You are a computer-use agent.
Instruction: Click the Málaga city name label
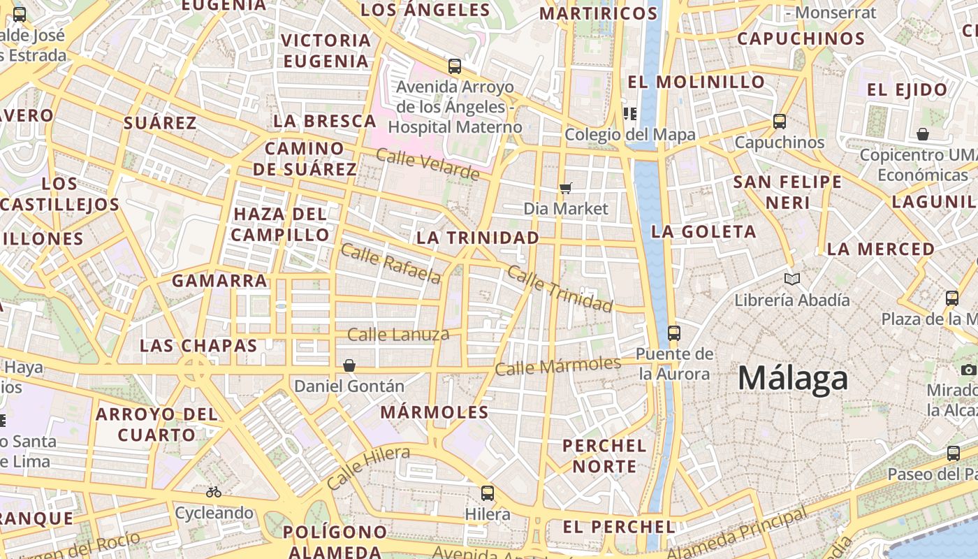click(x=793, y=379)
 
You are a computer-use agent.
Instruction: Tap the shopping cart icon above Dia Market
click(x=566, y=188)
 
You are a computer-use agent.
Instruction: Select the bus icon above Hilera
click(x=488, y=493)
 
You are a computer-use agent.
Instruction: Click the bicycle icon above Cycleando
click(x=214, y=492)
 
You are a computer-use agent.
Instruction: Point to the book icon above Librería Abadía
click(x=791, y=279)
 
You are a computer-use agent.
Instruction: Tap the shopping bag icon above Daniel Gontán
click(x=349, y=365)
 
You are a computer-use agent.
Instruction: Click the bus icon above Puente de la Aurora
click(x=674, y=333)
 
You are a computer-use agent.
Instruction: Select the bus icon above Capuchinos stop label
click(x=780, y=122)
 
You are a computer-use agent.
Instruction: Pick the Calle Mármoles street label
click(x=557, y=365)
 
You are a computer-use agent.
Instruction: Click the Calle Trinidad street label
click(x=560, y=289)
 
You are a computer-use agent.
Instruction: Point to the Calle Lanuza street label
click(x=398, y=335)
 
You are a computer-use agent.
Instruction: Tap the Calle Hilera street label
click(x=367, y=467)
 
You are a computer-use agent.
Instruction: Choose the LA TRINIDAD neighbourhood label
click(x=478, y=238)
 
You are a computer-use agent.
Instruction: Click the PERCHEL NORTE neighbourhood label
click(x=604, y=456)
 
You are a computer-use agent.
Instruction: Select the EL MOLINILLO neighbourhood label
click(x=696, y=82)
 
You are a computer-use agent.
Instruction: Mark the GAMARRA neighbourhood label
click(x=219, y=281)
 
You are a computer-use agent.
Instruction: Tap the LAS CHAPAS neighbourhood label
click(x=198, y=345)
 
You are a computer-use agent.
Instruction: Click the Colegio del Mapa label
click(x=630, y=134)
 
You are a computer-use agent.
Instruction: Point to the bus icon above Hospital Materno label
click(x=455, y=66)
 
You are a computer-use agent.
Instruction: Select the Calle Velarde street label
click(x=428, y=163)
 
